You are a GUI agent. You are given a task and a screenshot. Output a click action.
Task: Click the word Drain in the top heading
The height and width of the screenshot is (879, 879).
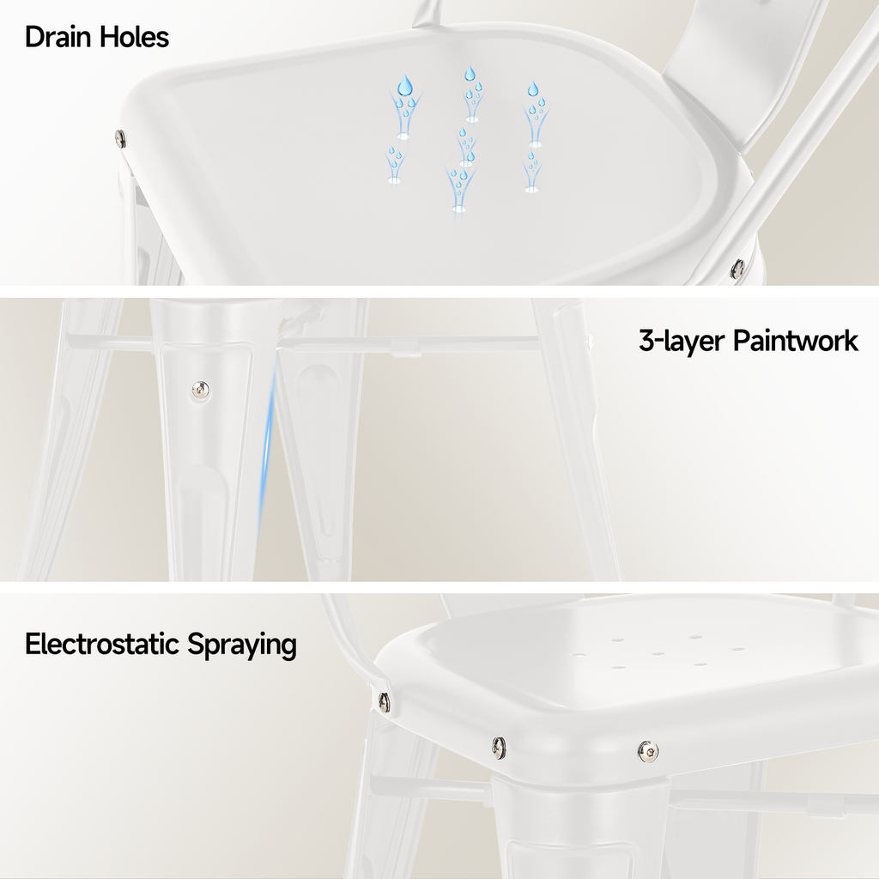click(58, 37)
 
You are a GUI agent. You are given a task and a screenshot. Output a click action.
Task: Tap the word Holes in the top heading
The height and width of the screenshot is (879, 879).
click(134, 37)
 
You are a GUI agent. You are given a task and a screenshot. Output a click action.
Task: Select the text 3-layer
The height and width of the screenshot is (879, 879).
click(681, 342)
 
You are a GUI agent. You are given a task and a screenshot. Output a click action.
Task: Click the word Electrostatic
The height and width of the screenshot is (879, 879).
click(102, 644)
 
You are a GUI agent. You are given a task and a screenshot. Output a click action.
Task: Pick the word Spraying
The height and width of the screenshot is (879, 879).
click(241, 646)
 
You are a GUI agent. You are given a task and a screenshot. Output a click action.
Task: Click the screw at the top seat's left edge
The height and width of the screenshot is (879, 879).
click(120, 138)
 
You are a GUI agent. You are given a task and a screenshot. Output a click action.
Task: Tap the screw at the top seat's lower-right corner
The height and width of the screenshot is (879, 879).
click(738, 269)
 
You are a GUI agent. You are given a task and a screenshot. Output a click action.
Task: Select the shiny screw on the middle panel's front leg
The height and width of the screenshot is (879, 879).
click(200, 389)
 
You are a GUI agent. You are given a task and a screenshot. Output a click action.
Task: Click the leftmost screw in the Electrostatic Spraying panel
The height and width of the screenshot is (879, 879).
click(384, 700)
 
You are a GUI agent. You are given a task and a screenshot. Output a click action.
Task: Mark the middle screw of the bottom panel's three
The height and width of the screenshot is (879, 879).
click(499, 746)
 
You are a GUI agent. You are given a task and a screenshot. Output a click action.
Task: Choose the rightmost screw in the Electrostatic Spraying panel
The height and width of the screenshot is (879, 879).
click(649, 750)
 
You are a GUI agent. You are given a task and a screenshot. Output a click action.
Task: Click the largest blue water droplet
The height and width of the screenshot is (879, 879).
click(405, 86)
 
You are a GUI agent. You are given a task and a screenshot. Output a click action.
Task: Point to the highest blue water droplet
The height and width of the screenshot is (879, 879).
click(470, 74)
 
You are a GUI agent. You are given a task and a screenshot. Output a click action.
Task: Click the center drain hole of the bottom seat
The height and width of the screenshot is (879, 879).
click(658, 653)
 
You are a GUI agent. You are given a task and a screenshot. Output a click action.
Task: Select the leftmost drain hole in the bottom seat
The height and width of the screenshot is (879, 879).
click(579, 654)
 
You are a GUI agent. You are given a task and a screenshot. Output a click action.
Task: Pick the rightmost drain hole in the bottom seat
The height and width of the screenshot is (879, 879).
click(737, 649)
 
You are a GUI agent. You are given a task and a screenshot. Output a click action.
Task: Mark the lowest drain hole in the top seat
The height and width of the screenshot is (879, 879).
click(459, 209)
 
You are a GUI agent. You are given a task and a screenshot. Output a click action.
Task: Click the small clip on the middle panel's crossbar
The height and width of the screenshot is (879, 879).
click(405, 348)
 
